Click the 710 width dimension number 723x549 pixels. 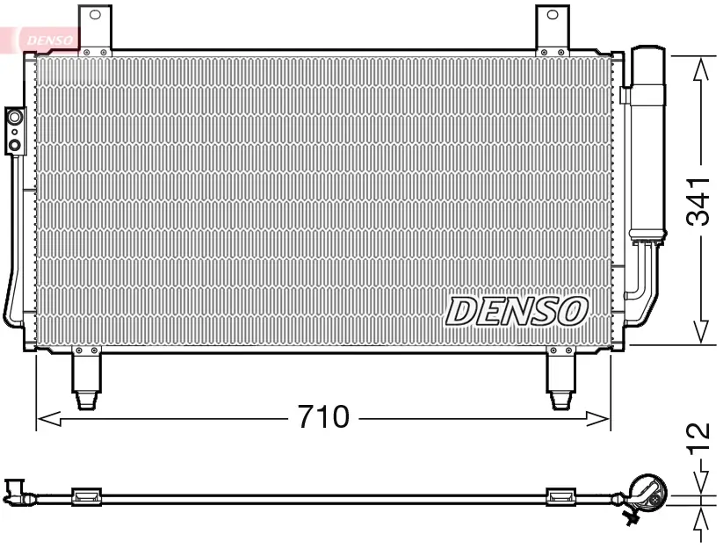click(x=322, y=417)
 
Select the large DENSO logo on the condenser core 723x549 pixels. click(x=516, y=310)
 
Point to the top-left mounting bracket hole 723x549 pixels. click(x=95, y=15)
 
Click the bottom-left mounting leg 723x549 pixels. click(x=86, y=379)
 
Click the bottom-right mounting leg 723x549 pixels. click(x=560, y=379)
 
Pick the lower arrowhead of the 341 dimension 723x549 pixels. click(x=700, y=331)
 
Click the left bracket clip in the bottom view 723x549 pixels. click(x=86, y=497)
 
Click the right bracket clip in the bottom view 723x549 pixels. click(x=560, y=497)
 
